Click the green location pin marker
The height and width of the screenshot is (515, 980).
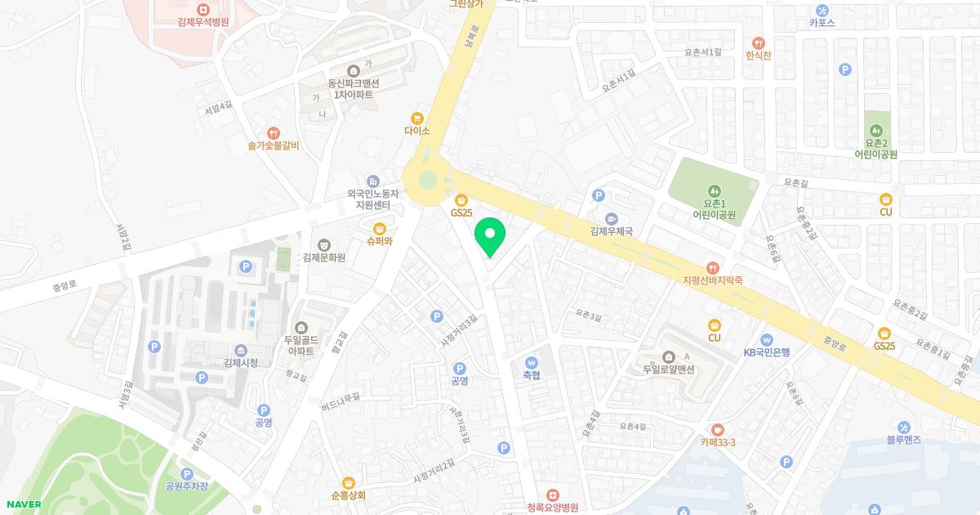pyautogui.click(x=490, y=235)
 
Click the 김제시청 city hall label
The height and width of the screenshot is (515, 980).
pyautogui.click(x=241, y=363)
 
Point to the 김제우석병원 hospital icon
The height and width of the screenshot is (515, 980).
pyautogui.click(x=203, y=8)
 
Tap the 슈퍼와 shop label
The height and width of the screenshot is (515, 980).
pyautogui.click(x=380, y=241)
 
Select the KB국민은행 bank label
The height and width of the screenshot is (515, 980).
pyautogui.click(x=766, y=353)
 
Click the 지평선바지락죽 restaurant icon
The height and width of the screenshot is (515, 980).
pyautogui.click(x=713, y=266)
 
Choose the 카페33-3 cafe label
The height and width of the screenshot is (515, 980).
pyautogui.click(x=718, y=442)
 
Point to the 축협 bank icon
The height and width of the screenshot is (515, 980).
pyautogui.click(x=532, y=362)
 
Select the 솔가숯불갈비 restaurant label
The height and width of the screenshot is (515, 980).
pyautogui.click(x=274, y=146)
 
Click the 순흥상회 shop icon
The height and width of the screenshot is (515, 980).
pyautogui.click(x=349, y=482)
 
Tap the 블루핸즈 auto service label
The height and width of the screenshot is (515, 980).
pyautogui.click(x=903, y=439)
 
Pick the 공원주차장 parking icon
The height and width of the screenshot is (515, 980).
pyautogui.click(x=187, y=473)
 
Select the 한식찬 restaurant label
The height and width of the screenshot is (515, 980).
pyautogui.click(x=758, y=55)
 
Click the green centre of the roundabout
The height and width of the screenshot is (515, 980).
pyautogui.click(x=427, y=181)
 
